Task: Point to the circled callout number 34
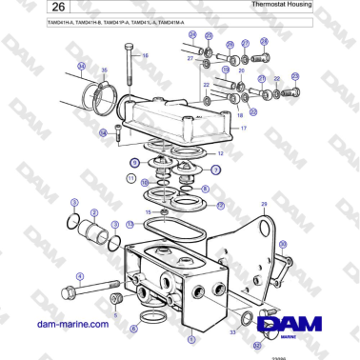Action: click(x=82, y=67)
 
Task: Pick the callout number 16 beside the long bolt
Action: click(x=146, y=55)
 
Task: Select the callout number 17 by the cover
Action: click(x=243, y=128)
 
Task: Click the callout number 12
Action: click(x=221, y=152)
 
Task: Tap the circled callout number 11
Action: click(x=130, y=178)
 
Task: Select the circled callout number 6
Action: click(x=133, y=329)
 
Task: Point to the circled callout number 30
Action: click(x=282, y=246)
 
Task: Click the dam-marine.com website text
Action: click(x=73, y=325)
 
